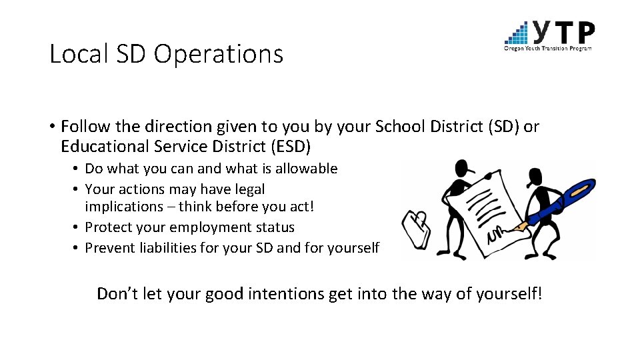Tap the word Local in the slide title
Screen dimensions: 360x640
tap(75, 54)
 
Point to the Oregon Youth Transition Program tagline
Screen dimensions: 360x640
tap(547, 48)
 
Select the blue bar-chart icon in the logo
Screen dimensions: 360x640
tap(517, 32)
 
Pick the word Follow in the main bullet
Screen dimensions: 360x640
tap(82, 126)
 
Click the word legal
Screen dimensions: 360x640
tap(249, 189)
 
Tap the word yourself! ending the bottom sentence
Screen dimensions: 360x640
tap(508, 293)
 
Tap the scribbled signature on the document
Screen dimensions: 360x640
tap(497, 235)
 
